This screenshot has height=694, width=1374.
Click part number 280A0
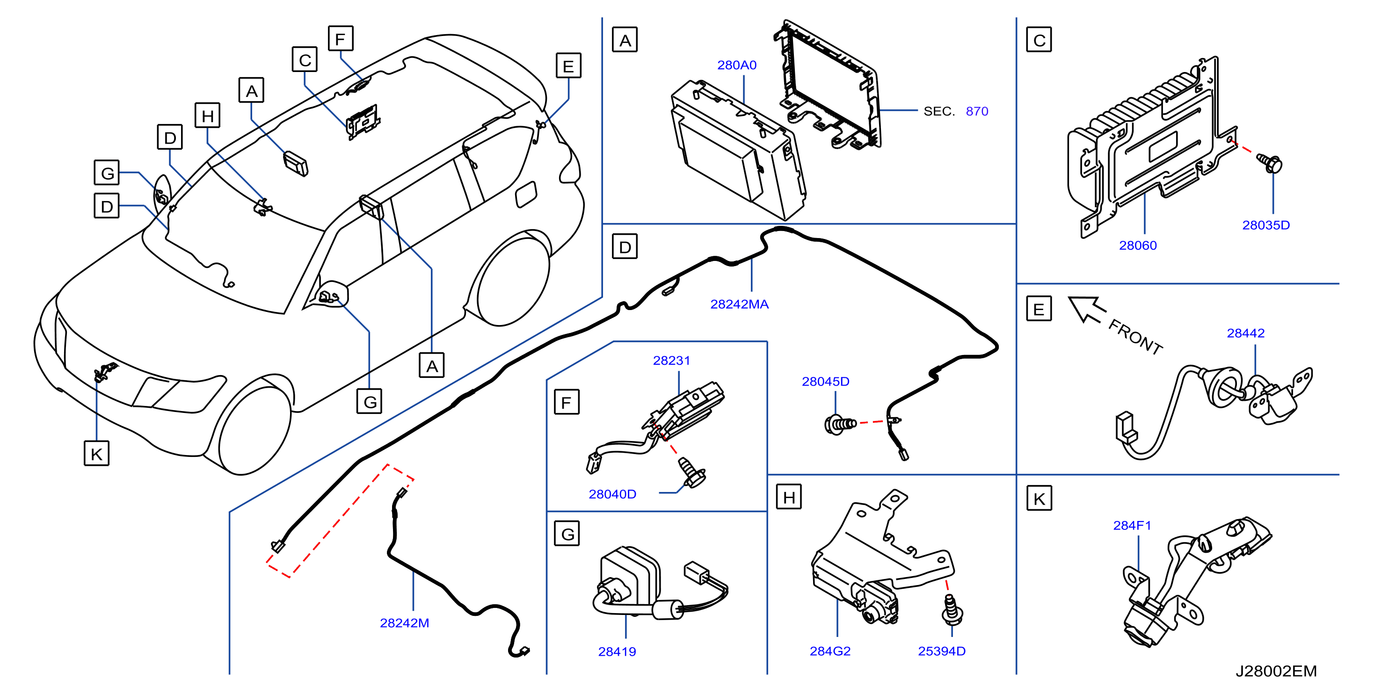coord(737,65)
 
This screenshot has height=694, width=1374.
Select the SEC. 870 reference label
coord(956,111)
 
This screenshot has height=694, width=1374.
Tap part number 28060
coord(1138,246)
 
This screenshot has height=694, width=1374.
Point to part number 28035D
coord(1266,225)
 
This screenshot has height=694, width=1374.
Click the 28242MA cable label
coord(739,304)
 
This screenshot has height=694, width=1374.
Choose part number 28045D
coord(826,382)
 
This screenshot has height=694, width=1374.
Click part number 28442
coord(1245,333)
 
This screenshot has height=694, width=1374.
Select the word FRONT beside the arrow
coord(1135,337)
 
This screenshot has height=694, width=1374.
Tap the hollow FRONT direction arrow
coord(1086,309)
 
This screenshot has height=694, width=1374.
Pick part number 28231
coord(671,361)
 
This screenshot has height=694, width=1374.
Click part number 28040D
coord(612,495)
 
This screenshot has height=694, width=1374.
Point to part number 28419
coord(617,652)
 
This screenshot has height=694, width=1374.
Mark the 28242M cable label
coord(404,623)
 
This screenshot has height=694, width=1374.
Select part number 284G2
coord(830,651)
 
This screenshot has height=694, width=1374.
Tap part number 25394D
coord(941,651)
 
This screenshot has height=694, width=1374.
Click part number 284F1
coord(1132,526)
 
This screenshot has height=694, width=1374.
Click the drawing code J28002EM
coord(1276,671)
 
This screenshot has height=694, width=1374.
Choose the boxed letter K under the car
coord(96,454)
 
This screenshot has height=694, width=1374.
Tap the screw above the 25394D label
coord(952,611)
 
